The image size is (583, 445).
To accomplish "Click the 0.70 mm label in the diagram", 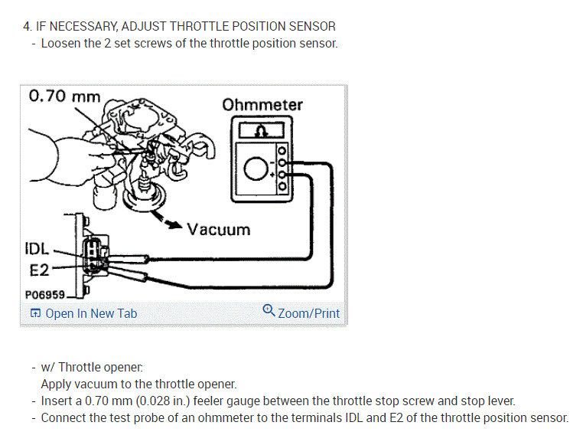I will (x=64, y=97).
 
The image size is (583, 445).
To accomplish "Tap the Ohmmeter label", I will (x=262, y=104).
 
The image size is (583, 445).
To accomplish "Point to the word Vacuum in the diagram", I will (x=219, y=229).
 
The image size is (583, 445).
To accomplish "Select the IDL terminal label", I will (x=36, y=249).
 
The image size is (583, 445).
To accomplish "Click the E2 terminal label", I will (x=39, y=269).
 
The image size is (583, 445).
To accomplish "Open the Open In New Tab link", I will (x=91, y=313).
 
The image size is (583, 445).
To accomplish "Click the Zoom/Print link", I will (x=308, y=313).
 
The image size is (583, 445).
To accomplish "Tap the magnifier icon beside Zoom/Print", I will (x=269, y=311).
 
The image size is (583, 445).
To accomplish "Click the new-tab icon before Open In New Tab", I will (x=35, y=313).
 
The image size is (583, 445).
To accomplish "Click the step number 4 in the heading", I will (x=28, y=26).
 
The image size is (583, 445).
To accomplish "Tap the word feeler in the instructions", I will (x=230, y=401).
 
